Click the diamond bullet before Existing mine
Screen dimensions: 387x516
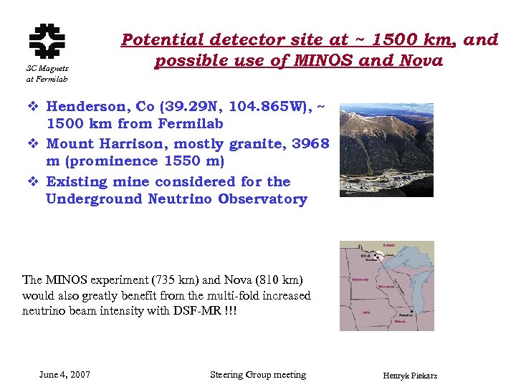click(x=33, y=182)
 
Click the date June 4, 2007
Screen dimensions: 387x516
click(x=64, y=375)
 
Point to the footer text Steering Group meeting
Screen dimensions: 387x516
click(x=258, y=375)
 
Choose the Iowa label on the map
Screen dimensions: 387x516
click(x=366, y=312)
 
